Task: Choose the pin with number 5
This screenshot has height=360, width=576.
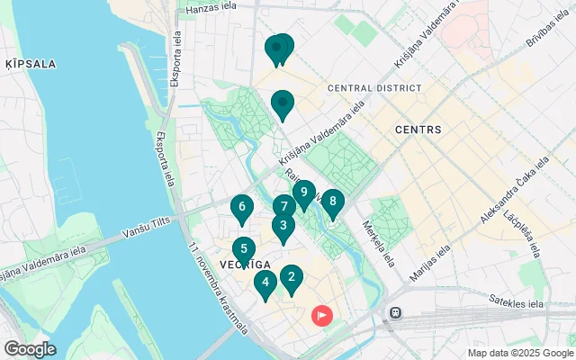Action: (x=243, y=250)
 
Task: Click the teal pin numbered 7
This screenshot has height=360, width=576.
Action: (x=283, y=207)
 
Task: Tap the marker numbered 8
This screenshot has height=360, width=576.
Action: (x=333, y=202)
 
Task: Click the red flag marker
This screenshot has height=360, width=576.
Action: (x=321, y=316)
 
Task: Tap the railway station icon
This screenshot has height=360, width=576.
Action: (x=394, y=313)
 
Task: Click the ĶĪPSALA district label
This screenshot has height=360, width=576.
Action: (x=31, y=64)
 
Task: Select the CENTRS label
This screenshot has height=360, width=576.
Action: (x=418, y=130)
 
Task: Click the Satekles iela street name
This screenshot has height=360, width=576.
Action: (x=517, y=301)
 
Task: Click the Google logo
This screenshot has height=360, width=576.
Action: (x=30, y=348)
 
